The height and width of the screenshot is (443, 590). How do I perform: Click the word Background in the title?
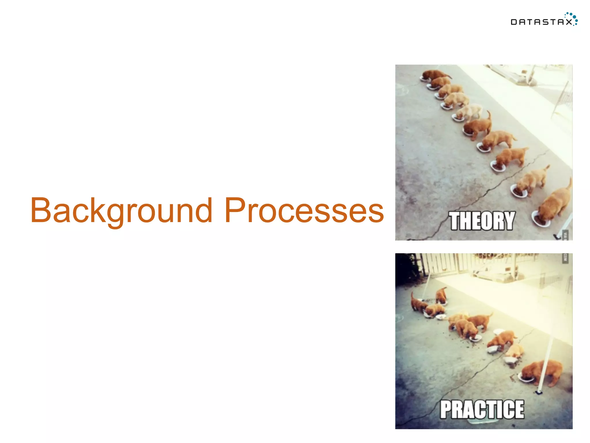(x=121, y=211)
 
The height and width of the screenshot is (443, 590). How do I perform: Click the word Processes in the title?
(x=304, y=211)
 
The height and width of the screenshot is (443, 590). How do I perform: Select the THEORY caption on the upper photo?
(x=482, y=221)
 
